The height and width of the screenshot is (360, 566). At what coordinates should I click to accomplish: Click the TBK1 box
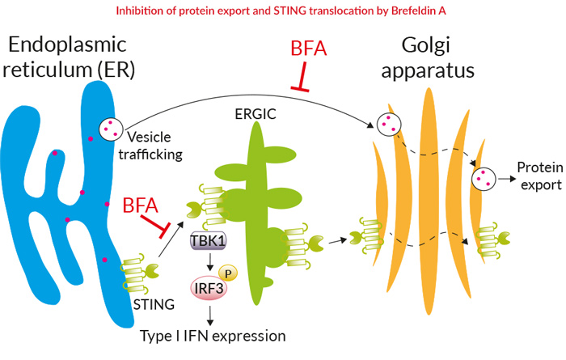point(209,240)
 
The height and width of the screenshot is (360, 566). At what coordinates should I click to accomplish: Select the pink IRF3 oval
point(209,288)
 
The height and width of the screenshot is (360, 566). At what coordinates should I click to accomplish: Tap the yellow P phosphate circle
point(228,273)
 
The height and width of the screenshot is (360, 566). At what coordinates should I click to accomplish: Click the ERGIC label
point(256,114)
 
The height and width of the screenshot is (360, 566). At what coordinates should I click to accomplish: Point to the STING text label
point(154,304)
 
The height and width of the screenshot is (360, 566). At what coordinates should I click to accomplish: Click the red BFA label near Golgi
point(309,49)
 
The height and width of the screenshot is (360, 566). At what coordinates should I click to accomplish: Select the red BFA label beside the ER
point(141,205)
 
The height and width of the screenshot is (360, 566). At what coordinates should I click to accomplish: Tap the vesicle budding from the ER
point(112,129)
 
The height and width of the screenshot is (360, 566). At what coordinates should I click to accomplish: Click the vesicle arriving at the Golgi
point(389,125)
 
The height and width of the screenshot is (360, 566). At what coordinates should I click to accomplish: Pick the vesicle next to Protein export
point(484,179)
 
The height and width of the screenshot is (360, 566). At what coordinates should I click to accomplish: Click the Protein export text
point(540,176)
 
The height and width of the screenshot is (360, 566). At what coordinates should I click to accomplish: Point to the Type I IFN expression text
point(213,336)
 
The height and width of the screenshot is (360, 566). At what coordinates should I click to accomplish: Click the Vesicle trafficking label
point(150,146)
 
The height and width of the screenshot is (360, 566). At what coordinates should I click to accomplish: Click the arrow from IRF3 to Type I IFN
point(210,316)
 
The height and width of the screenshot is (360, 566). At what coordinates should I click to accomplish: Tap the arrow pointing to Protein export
point(507,179)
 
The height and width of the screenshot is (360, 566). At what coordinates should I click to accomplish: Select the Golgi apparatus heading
point(428,57)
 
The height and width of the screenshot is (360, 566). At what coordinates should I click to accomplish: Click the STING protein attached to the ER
point(140,273)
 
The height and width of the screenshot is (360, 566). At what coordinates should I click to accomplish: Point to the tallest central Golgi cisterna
point(429,201)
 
